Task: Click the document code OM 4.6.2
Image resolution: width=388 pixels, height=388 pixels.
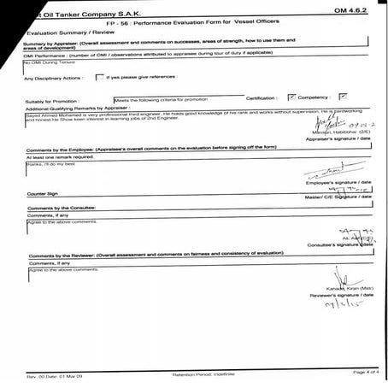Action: [350, 8]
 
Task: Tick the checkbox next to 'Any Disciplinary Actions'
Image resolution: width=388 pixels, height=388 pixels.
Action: [99, 78]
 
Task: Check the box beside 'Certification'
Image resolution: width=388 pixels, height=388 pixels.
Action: [292, 97]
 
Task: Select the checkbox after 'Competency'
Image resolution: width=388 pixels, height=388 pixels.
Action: [344, 97]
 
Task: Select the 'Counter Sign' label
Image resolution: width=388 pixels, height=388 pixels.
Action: [42, 195]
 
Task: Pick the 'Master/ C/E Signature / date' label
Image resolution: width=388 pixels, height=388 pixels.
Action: [335, 197]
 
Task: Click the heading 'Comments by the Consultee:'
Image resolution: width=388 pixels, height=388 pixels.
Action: [67, 207]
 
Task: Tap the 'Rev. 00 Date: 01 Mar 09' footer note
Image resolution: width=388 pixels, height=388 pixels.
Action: [54, 375]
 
